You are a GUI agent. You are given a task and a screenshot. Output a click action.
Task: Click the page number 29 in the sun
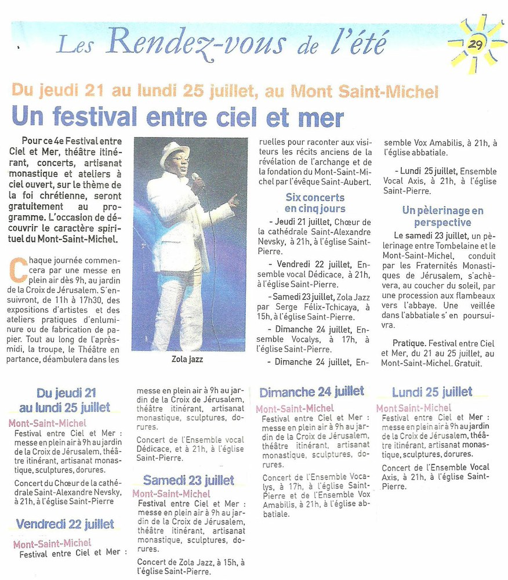476,45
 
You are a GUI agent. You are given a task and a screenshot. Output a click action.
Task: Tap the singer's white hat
175,154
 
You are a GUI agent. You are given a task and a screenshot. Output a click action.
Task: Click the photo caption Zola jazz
187,360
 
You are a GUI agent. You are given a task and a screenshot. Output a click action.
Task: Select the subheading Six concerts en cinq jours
315,203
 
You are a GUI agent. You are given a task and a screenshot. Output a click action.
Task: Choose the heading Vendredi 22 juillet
65,524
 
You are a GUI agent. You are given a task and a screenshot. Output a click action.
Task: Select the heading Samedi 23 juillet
188,480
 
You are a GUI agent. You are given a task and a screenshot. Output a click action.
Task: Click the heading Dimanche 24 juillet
311,392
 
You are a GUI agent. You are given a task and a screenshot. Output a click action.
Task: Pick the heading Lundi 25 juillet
432,393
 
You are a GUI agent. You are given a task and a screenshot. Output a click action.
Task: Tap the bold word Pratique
411,343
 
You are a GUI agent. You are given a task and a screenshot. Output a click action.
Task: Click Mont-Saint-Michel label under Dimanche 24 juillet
295,408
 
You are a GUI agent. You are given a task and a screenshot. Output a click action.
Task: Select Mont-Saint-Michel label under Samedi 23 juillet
171,494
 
